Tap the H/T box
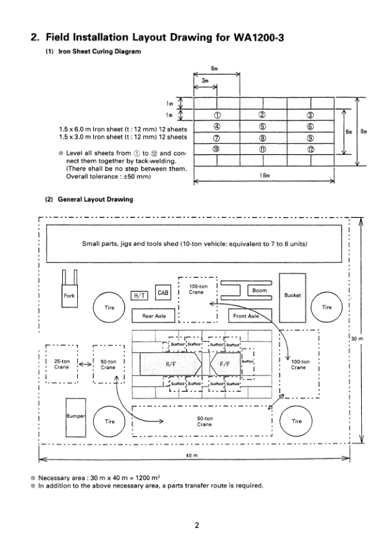point(141,295)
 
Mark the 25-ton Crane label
point(62,363)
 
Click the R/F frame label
point(171,364)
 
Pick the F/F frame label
point(225,364)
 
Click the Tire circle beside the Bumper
point(107,421)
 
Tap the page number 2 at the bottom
point(195,525)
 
